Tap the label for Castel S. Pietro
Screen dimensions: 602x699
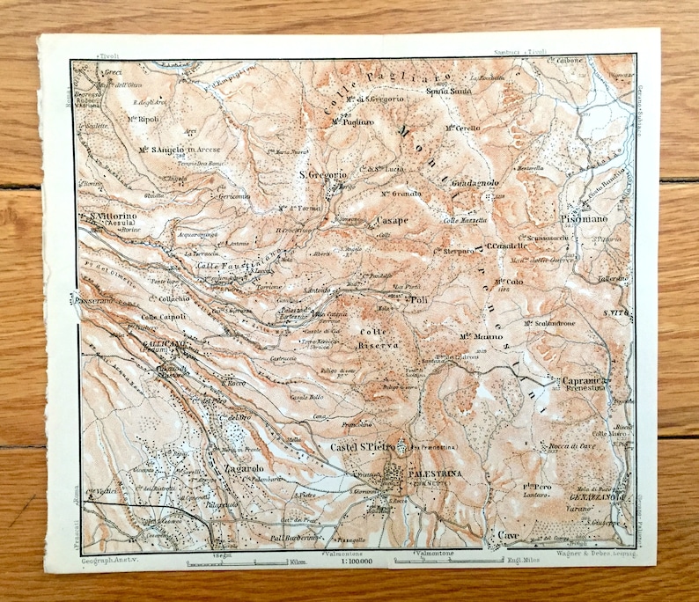[364, 448]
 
